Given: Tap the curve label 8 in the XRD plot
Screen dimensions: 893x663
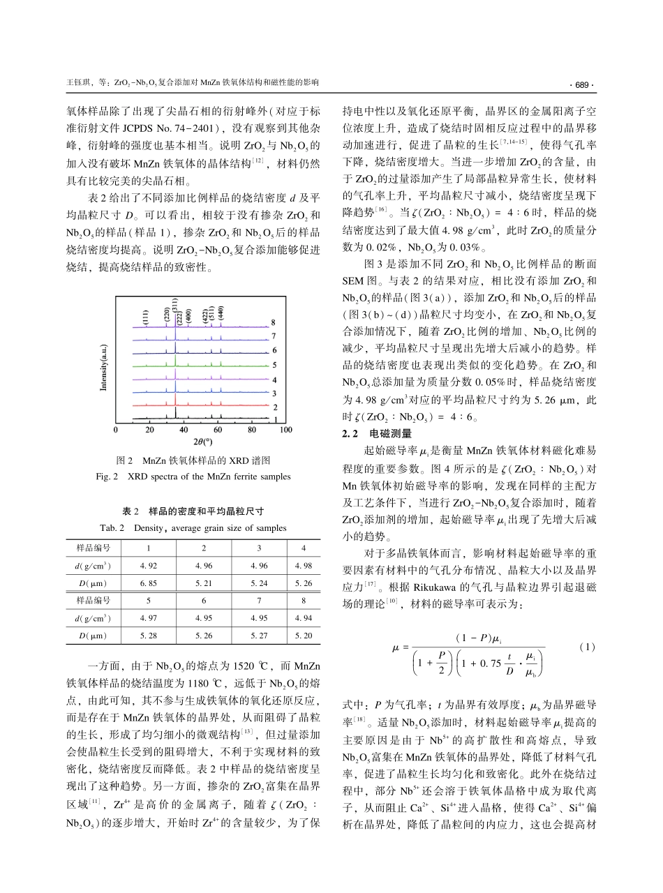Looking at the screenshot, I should pyautogui.click(x=275, y=323).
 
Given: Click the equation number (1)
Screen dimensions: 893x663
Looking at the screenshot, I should pyautogui.click(x=587, y=647).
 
